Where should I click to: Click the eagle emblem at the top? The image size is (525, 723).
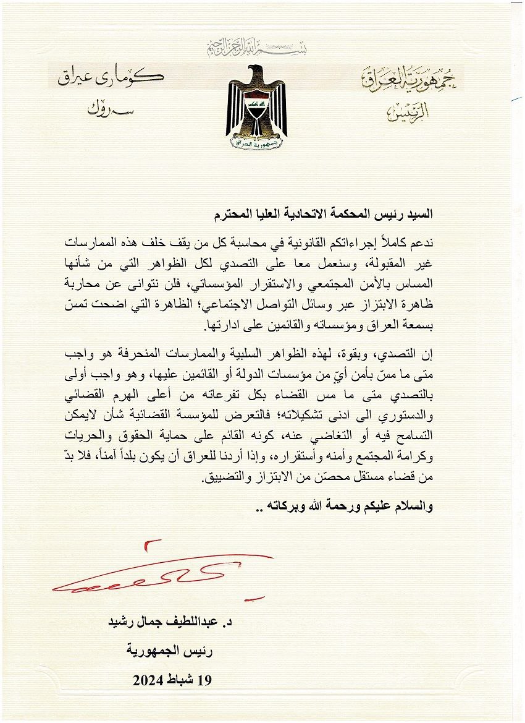point(256,108)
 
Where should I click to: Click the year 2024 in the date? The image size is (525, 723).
point(149,680)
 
